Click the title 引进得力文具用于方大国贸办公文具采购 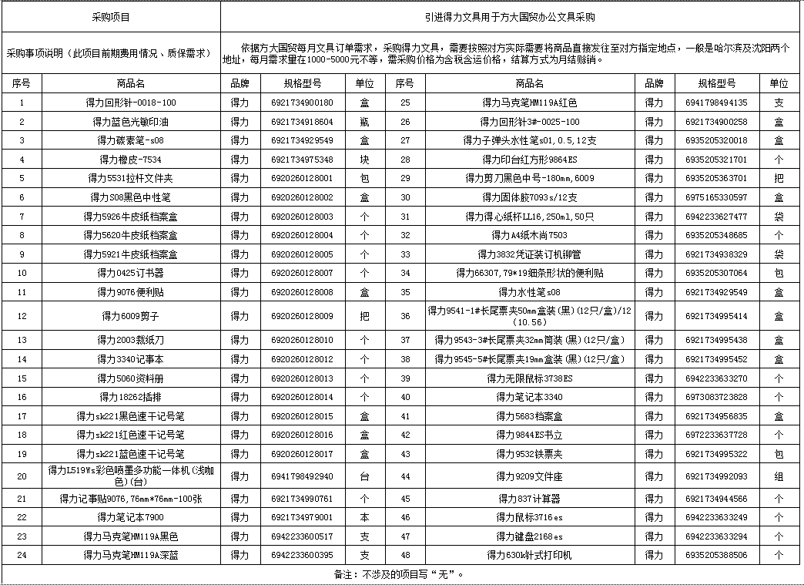point(512,15)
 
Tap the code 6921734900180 point(302,102)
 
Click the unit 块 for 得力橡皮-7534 point(364,160)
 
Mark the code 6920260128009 point(302,316)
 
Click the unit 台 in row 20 point(364,476)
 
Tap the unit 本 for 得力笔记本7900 point(364,517)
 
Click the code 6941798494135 point(715,102)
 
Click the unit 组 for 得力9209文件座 point(779,476)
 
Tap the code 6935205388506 point(715,555)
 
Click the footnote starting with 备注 point(400,574)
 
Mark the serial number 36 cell point(405,316)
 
